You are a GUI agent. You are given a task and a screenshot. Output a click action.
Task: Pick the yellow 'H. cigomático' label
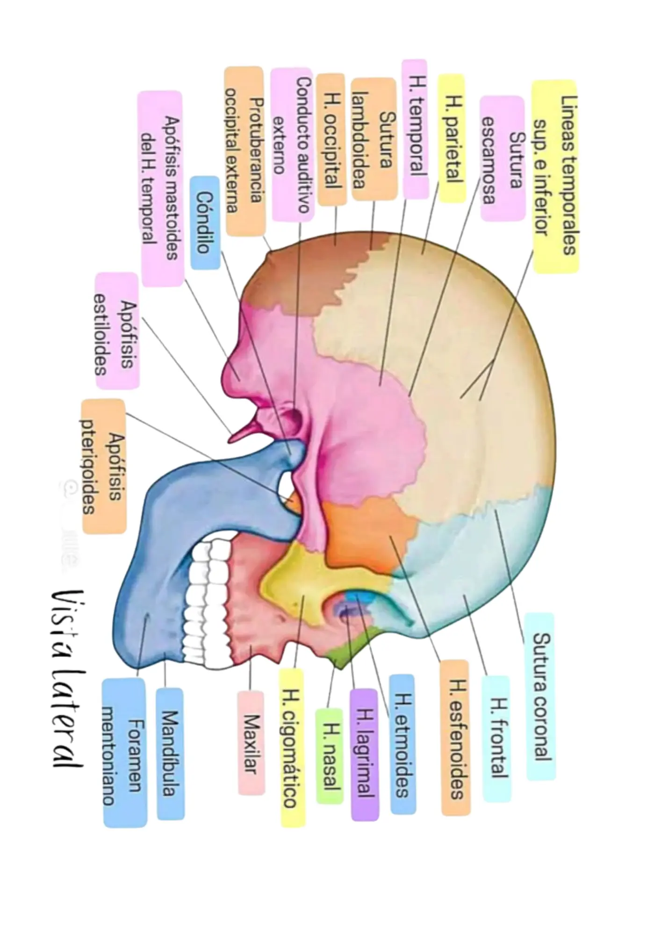coord(292,748)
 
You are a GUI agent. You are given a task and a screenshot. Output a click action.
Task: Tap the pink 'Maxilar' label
coord(251,743)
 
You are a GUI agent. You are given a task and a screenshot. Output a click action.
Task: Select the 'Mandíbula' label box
coord(170,754)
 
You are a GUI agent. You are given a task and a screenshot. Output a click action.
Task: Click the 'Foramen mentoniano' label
coord(124,753)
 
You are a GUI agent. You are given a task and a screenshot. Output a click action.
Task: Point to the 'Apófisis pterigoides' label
coord(104,466)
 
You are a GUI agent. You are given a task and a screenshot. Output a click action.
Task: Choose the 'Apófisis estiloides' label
coord(117,331)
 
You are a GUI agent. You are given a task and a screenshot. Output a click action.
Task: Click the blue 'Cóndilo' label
coord(205,223)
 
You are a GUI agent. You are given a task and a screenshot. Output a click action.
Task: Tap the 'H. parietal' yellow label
coord(452,138)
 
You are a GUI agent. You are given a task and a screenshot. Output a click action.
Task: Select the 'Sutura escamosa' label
coord(502,158)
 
